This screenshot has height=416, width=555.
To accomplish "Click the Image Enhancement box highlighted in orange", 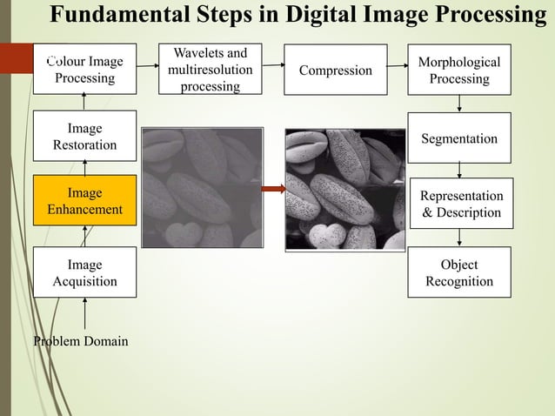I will pyautogui.click(x=84, y=201).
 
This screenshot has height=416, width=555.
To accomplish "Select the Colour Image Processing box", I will pyautogui.click(x=84, y=69).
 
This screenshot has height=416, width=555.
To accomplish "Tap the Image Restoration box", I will pyautogui.click(x=84, y=137).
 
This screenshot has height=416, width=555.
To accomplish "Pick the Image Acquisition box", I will pyautogui.click(x=84, y=272).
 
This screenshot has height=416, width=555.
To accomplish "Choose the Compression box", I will pyautogui.click(x=336, y=70).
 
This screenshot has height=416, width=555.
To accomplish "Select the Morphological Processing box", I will pyautogui.click(x=458, y=70).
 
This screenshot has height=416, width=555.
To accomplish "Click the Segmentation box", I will pyautogui.click(x=458, y=138).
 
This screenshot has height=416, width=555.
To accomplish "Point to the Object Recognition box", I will pyautogui.click(x=458, y=272).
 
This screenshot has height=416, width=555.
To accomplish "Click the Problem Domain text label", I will pyautogui.click(x=80, y=341).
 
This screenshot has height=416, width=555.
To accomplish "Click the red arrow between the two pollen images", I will pyautogui.click(x=274, y=189).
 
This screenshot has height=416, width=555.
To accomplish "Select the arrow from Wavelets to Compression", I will pyautogui.click(x=274, y=64).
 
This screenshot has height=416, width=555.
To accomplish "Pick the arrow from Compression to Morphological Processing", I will pyautogui.click(x=397, y=64).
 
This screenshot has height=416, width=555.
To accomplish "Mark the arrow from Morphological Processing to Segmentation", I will pyautogui.click(x=459, y=104).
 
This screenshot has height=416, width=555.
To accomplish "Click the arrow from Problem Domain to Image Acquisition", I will pyautogui.click(x=84, y=313).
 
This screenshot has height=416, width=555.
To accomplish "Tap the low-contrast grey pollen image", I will pyautogui.click(x=202, y=188).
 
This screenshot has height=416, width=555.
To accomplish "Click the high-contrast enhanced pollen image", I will pyautogui.click(x=344, y=189).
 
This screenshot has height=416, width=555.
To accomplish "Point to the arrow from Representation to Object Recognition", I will pyautogui.click(x=459, y=238).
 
